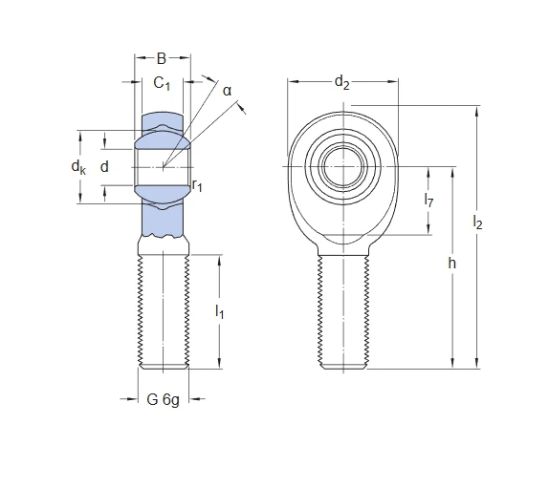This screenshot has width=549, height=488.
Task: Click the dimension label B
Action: coord(162,58)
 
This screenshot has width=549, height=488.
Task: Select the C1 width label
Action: coord(162,83)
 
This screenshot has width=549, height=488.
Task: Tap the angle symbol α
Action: coord(228,91)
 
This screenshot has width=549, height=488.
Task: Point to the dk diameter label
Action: coord(78,167)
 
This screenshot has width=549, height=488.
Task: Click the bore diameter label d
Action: coord(104,167)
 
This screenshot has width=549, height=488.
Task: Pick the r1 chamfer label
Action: coord(197,185)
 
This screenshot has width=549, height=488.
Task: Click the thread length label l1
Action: coord(219,311)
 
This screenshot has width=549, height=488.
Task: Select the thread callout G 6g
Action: coord(164,399)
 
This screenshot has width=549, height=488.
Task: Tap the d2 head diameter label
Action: coord(342,83)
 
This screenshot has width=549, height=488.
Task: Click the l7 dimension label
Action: coord(428,200)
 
